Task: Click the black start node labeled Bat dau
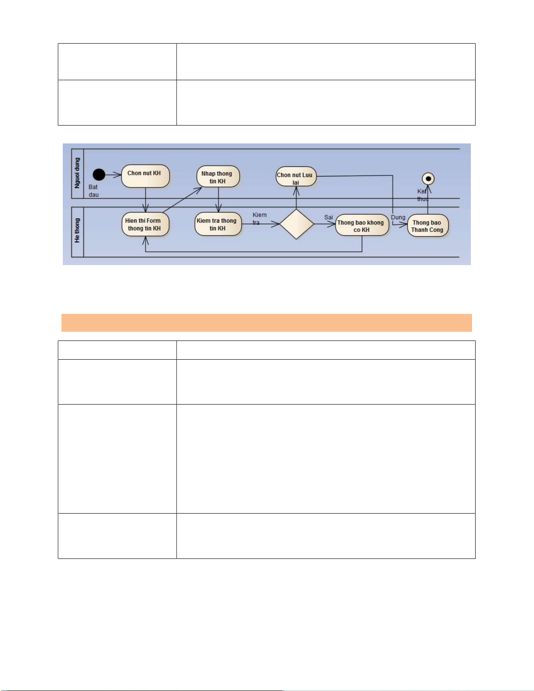pos(99,175)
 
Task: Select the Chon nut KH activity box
pos(145,176)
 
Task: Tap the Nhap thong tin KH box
pos(218,177)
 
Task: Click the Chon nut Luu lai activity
pos(296,177)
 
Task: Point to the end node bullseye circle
pos(428,179)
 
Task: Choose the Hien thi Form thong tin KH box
pos(145,225)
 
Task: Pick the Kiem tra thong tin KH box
pos(218,224)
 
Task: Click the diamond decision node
pos(296,224)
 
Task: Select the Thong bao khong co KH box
pos(361,225)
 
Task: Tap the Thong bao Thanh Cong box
pos(428,226)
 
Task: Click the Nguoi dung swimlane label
pos(77,173)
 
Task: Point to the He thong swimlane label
pos(77,231)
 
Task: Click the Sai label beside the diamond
pos(328,217)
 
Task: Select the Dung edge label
pos(398,217)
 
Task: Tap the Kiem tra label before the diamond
pos(259,218)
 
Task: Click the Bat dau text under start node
pos(94,191)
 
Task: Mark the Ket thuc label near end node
pos(422,195)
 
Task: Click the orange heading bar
pos(266,323)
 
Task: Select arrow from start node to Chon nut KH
pos(113,175)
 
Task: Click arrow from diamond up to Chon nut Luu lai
pos(296,198)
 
